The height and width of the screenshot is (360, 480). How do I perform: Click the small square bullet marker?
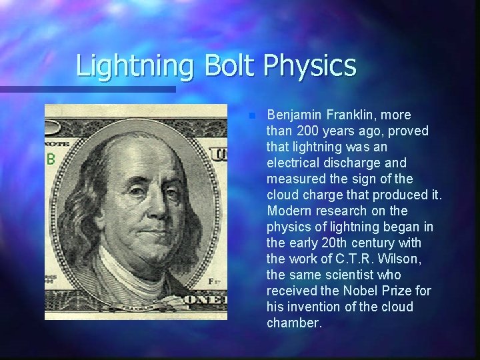pyautogui.click(x=251, y=115)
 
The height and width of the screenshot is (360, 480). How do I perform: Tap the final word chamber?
pyautogui.click(x=294, y=323)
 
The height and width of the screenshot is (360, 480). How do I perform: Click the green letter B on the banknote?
pyautogui.click(x=49, y=159)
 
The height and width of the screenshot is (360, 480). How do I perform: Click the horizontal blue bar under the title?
pyautogui.click(x=87, y=89)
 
